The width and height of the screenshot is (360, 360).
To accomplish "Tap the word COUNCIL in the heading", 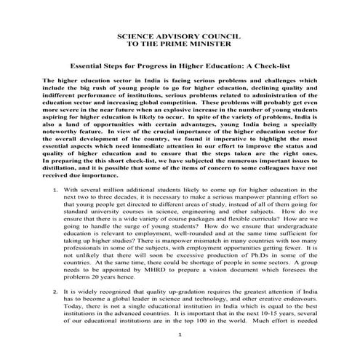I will [223, 35].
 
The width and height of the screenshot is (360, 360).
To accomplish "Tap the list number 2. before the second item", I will [57, 289].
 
